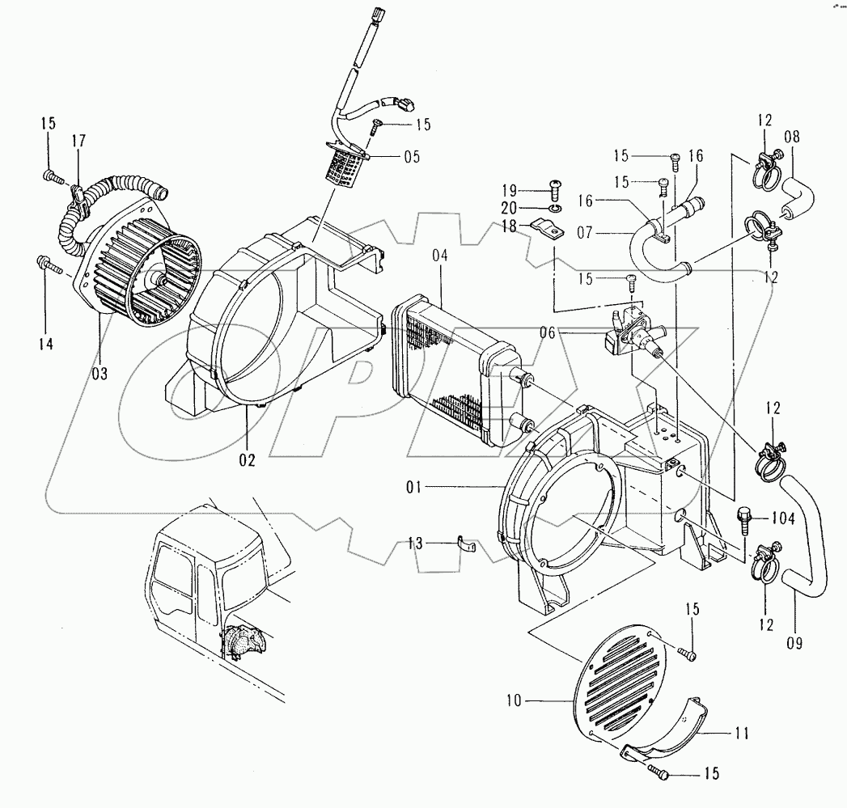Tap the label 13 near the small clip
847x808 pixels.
click(415, 544)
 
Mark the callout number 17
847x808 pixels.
click(78, 140)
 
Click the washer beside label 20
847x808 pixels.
click(553, 208)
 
